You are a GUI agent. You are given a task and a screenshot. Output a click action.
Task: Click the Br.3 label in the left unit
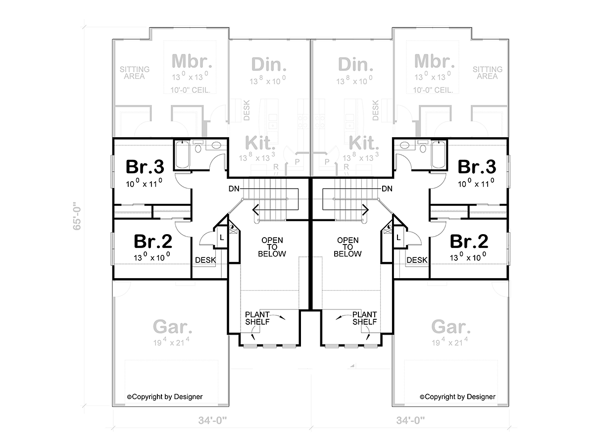click(x=145, y=167)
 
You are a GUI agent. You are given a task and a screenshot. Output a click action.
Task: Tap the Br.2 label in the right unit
click(x=469, y=241)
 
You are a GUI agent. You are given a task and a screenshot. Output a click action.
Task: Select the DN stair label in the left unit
click(x=234, y=189)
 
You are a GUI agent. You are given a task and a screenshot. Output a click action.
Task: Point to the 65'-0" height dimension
click(x=77, y=216)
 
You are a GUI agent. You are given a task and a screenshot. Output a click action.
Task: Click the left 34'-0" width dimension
click(x=212, y=420)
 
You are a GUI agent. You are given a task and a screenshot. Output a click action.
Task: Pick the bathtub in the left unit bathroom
click(x=182, y=154)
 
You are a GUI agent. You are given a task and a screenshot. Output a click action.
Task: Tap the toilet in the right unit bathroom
click(x=422, y=147)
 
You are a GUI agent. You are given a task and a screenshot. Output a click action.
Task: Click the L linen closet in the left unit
click(x=222, y=238)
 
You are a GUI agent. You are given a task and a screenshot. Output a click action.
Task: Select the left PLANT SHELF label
click(x=257, y=318)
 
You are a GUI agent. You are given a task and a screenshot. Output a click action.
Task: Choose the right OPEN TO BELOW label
click(x=347, y=247)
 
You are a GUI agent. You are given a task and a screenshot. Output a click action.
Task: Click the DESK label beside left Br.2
click(x=205, y=260)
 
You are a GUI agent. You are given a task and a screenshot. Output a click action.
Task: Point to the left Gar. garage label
click(x=173, y=327)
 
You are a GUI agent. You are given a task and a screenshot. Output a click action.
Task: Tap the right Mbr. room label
click(x=434, y=61)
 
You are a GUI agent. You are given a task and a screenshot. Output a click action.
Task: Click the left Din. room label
click(x=269, y=64)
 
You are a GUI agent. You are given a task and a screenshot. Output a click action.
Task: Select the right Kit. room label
click(x=364, y=143)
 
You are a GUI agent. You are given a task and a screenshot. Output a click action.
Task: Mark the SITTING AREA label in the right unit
click(x=488, y=73)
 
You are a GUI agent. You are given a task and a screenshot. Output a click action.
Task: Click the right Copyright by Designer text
click(x=457, y=397)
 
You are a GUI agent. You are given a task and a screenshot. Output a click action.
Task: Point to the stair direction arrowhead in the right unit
click(x=366, y=210)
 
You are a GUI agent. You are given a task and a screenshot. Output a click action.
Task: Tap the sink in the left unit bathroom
click(x=216, y=145)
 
